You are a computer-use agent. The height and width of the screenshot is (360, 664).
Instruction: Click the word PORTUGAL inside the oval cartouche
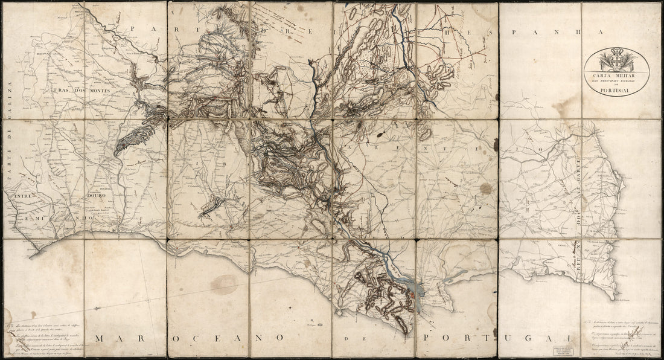(x=615, y=90)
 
